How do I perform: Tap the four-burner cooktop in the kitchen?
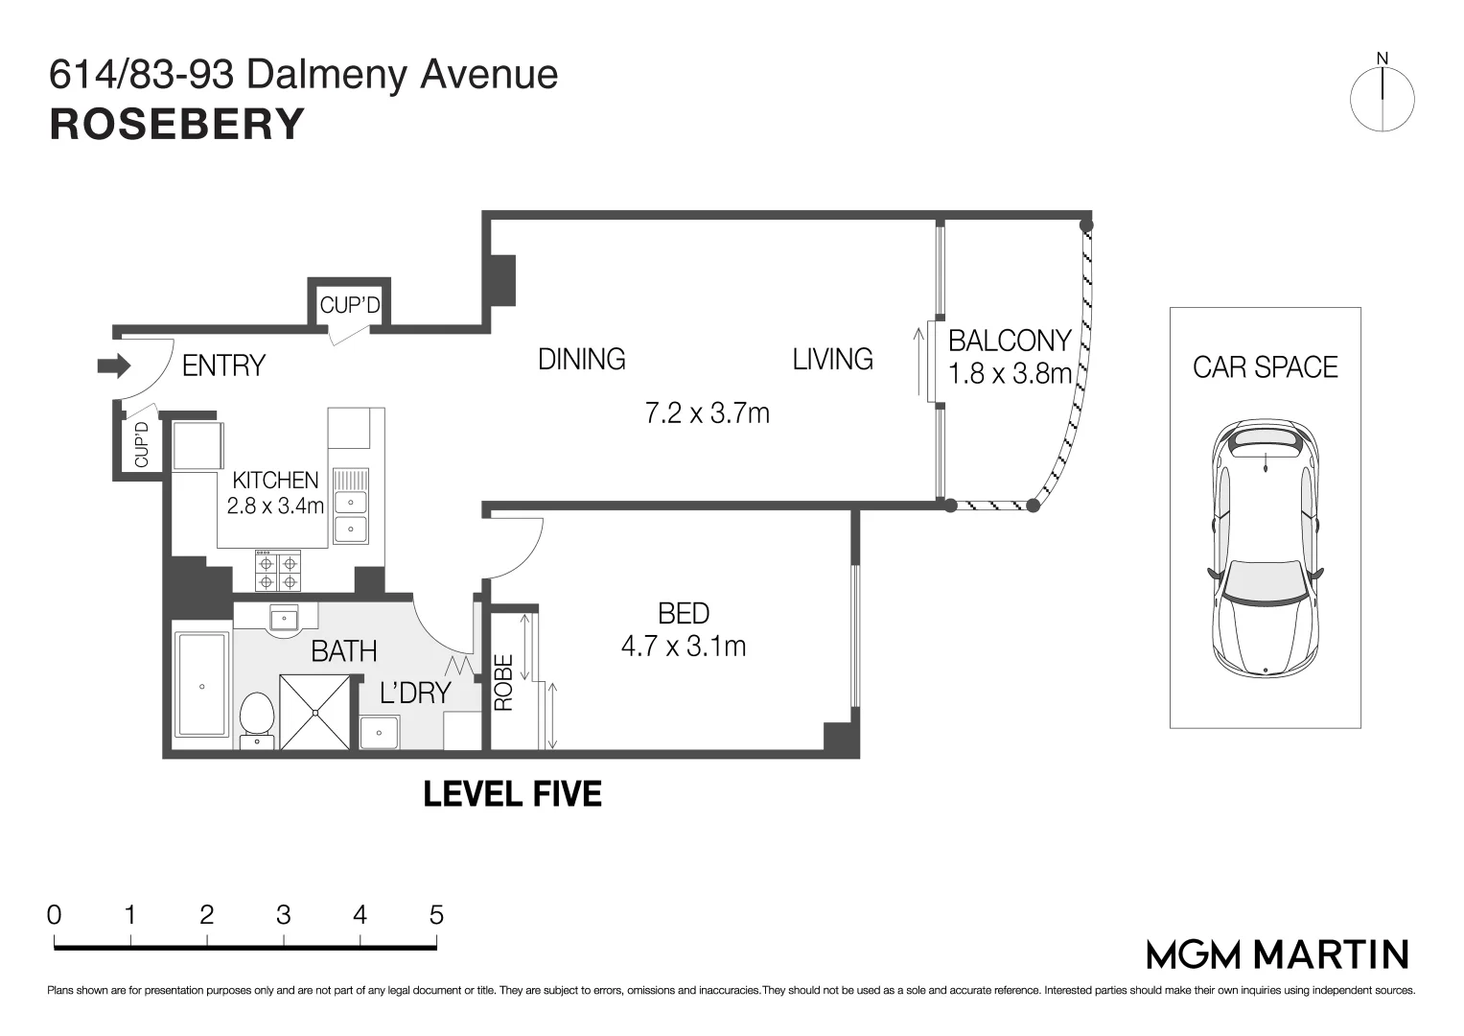[278, 571]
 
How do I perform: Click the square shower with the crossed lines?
[315, 712]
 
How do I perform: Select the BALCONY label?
[1010, 341]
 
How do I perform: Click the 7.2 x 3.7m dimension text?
[708, 412]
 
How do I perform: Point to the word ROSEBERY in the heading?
[177, 125]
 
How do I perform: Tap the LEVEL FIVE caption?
[512, 794]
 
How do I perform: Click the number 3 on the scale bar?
[283, 914]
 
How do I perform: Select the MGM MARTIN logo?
[1278, 954]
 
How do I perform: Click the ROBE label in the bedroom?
[503, 682]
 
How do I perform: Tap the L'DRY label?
[416, 693]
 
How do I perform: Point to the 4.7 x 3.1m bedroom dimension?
[684, 647]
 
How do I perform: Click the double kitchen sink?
[351, 506]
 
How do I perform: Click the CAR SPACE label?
[1266, 366]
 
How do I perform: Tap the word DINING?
[582, 359]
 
